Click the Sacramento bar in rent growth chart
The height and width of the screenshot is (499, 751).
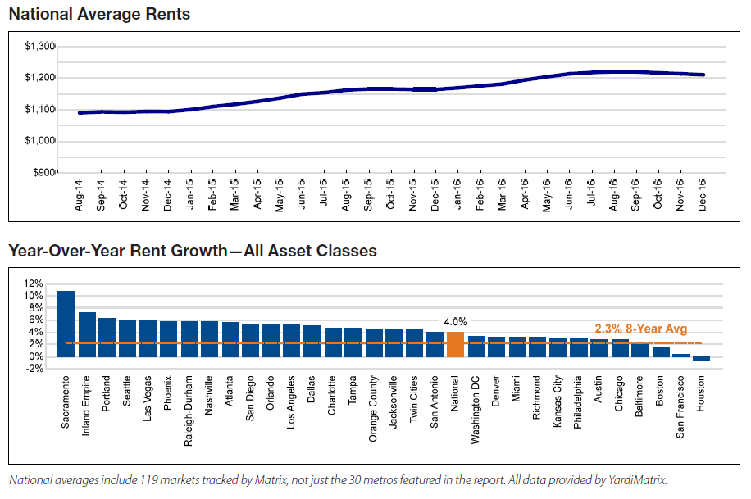tap(66, 324)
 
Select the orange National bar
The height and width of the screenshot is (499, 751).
tap(455, 344)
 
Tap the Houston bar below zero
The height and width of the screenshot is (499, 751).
tap(701, 359)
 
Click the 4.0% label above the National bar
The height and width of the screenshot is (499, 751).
tap(454, 322)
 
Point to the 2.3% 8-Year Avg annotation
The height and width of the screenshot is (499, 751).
tap(641, 329)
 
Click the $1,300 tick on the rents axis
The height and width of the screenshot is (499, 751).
tap(40, 46)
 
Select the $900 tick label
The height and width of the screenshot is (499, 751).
tap(43, 173)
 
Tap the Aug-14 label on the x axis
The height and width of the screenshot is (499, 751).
tap(80, 197)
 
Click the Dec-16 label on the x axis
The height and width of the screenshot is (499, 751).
tap(703, 197)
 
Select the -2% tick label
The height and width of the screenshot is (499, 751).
tap(34, 369)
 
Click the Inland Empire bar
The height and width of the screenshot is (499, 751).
tap(87, 334)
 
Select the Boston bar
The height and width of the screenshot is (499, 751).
tap(661, 352)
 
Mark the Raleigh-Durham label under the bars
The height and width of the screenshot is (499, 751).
tap(189, 411)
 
